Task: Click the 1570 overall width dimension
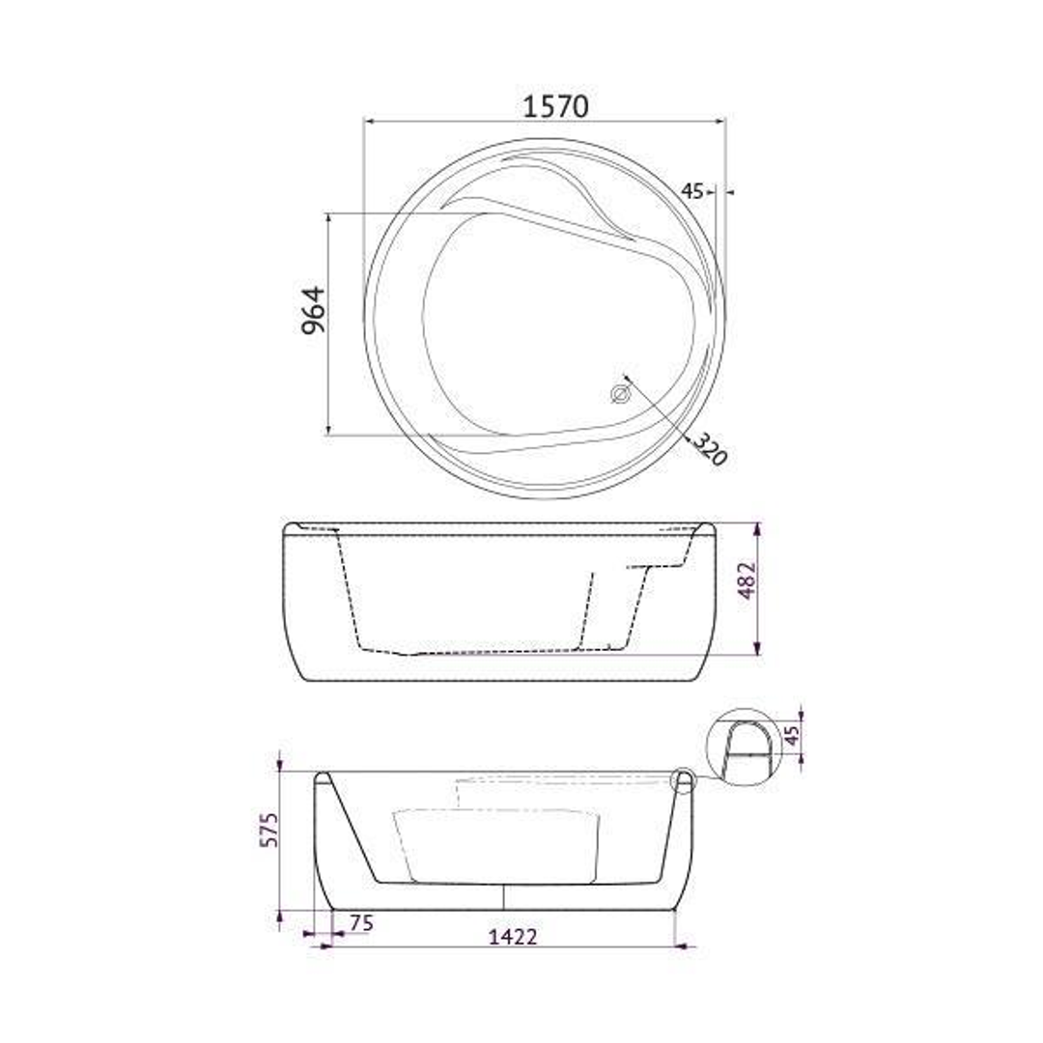coord(555,106)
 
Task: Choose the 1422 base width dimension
coord(512,935)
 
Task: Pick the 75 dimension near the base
coord(360,922)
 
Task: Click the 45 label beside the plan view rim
coord(691,191)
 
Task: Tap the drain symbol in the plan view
coord(620,393)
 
